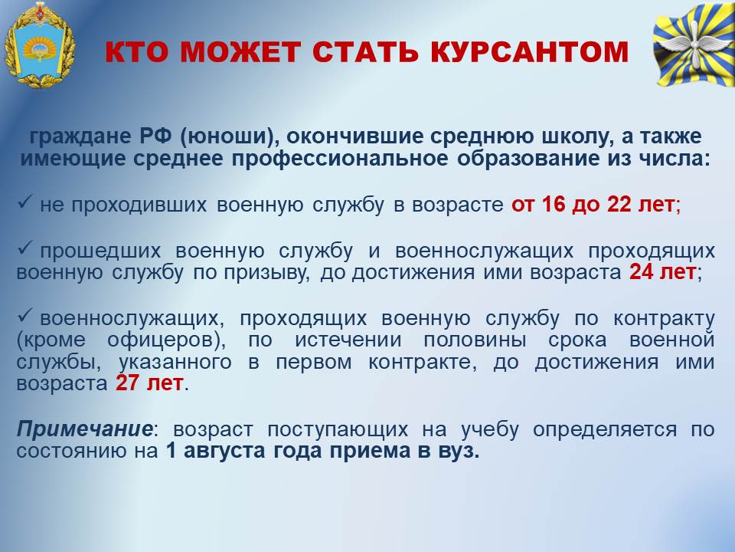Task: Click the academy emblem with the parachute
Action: tap(40, 45)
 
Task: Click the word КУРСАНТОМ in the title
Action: tap(529, 52)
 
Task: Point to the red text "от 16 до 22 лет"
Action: tap(593, 204)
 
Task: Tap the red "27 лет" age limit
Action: tap(149, 383)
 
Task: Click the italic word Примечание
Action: tap(84, 429)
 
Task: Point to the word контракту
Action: tap(664, 319)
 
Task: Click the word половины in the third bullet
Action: tap(475, 340)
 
